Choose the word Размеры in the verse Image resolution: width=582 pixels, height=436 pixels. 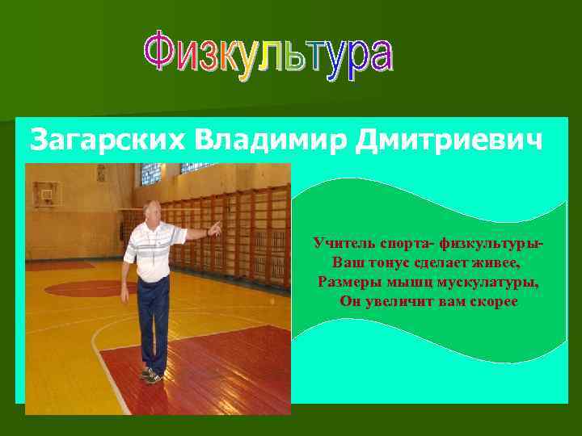click(x=347, y=283)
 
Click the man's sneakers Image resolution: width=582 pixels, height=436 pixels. click(x=151, y=375)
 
